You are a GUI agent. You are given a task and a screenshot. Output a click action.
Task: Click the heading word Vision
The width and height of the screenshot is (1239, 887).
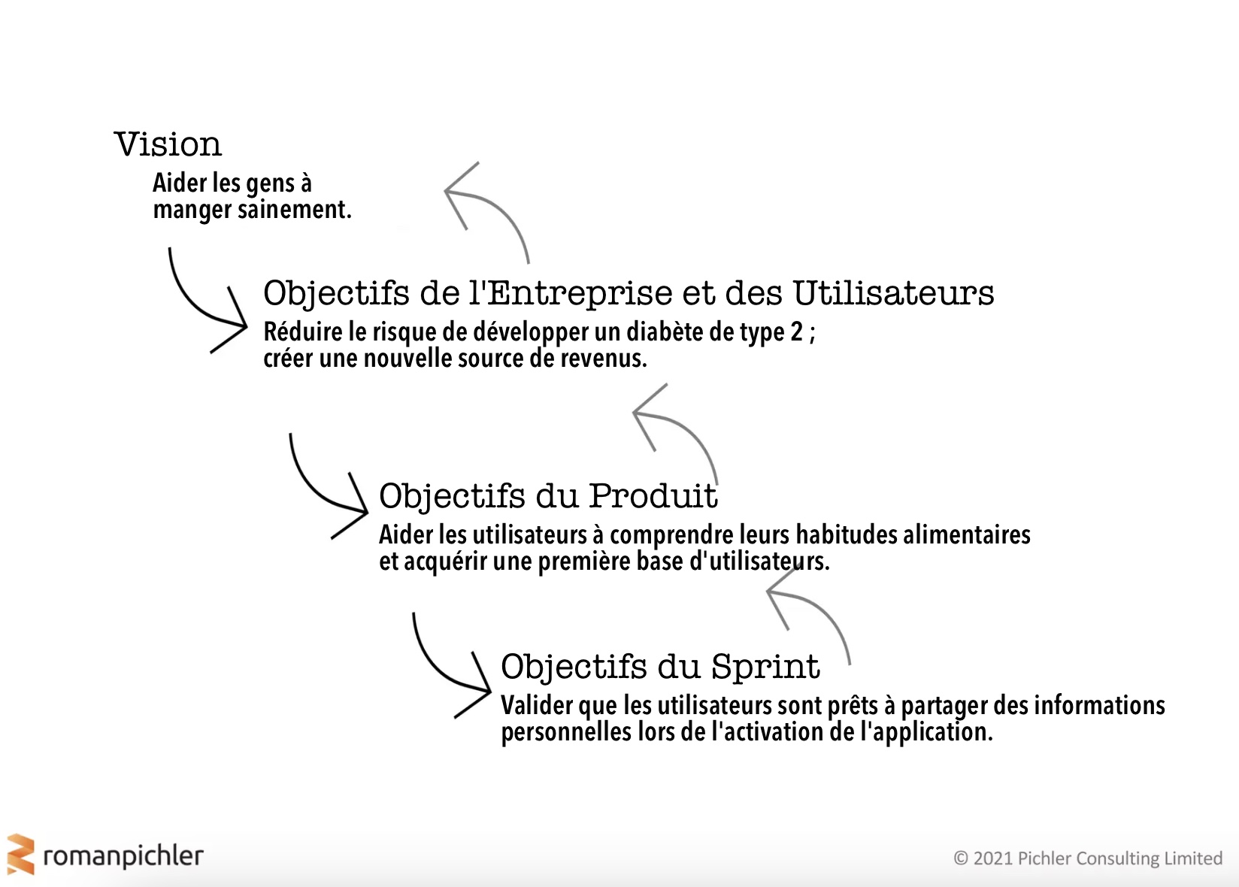(x=168, y=144)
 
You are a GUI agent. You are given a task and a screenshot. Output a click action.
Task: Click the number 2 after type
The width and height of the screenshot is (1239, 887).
(x=796, y=331)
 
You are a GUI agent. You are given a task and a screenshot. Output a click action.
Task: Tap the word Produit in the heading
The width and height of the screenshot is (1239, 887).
(x=653, y=495)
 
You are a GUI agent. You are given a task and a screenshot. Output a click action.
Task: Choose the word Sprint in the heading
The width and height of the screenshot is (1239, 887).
(x=765, y=666)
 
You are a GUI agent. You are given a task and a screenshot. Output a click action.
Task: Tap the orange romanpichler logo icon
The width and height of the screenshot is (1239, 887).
(x=21, y=855)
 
